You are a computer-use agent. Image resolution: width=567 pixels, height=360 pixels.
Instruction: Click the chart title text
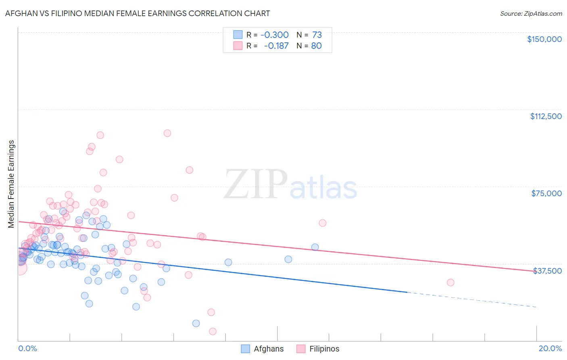tap(138, 13)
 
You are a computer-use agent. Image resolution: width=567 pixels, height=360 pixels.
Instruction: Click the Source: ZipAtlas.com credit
tap(531, 13)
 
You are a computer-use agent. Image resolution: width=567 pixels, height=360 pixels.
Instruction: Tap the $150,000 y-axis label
tap(544, 39)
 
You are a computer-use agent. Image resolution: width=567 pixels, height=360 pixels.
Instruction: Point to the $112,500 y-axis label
tap(546, 116)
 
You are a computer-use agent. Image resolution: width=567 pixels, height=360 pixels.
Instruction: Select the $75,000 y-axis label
tap(546, 193)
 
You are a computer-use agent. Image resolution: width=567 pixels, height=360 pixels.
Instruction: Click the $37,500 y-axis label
tap(547, 270)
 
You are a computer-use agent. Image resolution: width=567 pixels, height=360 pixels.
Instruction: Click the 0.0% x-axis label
tap(27, 348)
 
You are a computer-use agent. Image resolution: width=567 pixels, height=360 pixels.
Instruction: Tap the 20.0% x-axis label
tap(550, 348)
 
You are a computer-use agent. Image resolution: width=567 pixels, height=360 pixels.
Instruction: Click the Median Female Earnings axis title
tap(11, 184)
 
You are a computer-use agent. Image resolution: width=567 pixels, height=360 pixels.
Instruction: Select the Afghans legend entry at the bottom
tap(268, 349)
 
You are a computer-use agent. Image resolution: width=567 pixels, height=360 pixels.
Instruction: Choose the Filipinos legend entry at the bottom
tap(324, 349)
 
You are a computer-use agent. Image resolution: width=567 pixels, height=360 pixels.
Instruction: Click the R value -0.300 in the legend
tap(275, 35)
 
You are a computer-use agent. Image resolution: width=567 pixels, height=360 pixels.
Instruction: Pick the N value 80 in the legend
tap(316, 46)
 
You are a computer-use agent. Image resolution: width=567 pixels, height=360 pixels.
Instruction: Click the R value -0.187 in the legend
tap(276, 46)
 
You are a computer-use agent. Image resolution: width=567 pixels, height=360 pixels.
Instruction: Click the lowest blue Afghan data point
tap(196, 323)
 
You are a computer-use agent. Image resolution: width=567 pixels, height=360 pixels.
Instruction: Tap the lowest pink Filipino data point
tap(213, 331)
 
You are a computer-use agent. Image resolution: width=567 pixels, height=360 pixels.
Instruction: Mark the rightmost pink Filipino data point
tap(450, 283)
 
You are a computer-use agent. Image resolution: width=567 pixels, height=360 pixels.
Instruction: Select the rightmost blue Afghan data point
tap(315, 247)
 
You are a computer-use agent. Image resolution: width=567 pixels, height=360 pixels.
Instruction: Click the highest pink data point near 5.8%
tap(167, 133)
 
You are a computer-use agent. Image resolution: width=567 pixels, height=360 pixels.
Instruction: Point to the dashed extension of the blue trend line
tap(472, 299)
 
